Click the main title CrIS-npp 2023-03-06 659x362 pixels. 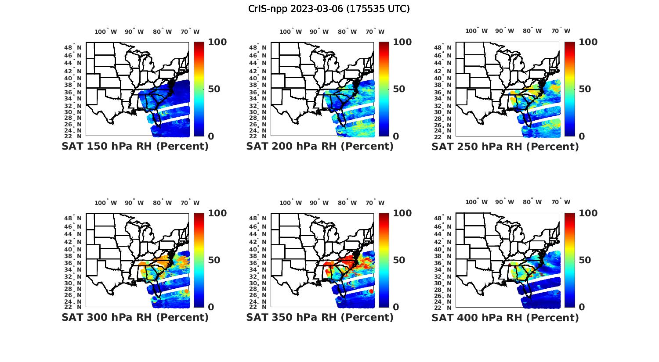(329, 9)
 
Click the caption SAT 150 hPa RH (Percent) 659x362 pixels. (135, 147)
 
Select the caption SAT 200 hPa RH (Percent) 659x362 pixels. (320, 147)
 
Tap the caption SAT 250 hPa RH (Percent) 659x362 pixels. (505, 147)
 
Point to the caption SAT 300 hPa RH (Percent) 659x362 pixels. (135, 317)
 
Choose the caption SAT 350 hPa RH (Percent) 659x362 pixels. (320, 317)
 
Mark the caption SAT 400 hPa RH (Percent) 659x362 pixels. (505, 317)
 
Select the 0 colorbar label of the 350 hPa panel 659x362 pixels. (396, 307)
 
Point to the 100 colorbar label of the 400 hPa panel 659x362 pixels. (588, 213)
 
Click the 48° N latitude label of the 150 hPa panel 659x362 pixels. (73, 47)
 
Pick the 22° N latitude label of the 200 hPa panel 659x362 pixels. (258, 136)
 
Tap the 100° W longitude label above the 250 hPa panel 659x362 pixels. (477, 31)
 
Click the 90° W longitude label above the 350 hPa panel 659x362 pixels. (319, 203)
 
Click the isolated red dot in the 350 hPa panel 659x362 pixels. (371, 291)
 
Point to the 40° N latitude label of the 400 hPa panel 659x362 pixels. (443, 249)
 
